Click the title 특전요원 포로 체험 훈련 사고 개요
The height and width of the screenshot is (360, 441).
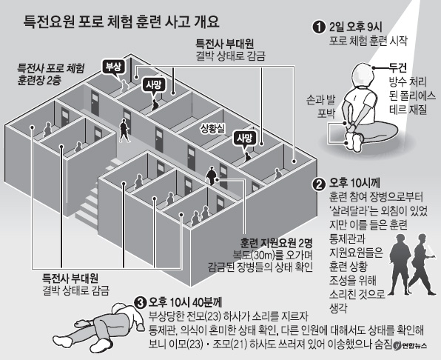pos(121,21)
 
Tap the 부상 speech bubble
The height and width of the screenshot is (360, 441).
pos(114,67)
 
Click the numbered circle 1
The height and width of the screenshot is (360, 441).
pos(319,27)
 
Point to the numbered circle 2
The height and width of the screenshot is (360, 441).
pos(319,184)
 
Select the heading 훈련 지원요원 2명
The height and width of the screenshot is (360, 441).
pos(276,242)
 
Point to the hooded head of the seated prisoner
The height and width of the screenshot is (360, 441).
pos(362,76)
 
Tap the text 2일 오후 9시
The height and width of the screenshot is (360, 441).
pos(355,27)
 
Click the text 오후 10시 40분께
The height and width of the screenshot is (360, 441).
pos(186,302)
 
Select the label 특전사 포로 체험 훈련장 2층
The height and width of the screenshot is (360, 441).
pos(50,75)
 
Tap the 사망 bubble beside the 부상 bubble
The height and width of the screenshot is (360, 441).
pos(154,85)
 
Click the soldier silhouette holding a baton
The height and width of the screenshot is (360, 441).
pos(422,264)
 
